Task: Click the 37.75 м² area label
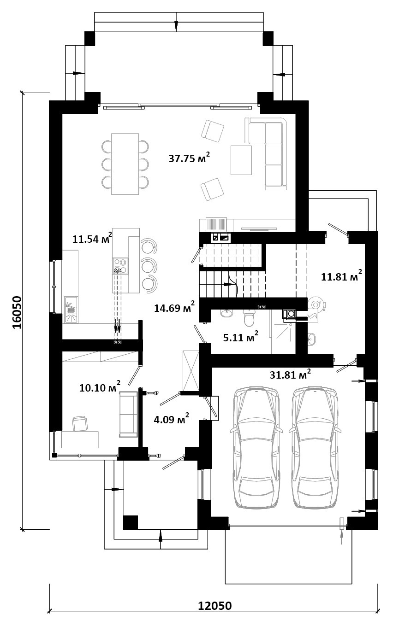click(189, 158)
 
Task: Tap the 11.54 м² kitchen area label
click(92, 238)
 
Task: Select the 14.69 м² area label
click(174, 307)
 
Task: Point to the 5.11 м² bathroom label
click(241, 337)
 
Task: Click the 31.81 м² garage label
click(290, 374)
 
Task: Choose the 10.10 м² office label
click(100, 387)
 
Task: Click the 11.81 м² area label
click(341, 276)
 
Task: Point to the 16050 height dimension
click(17, 312)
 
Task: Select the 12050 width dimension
click(215, 614)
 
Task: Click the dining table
click(125, 164)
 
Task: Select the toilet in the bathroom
click(249, 318)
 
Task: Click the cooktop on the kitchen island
click(121, 266)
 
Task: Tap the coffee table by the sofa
click(241, 160)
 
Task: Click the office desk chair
click(80, 423)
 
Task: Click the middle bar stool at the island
click(149, 266)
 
